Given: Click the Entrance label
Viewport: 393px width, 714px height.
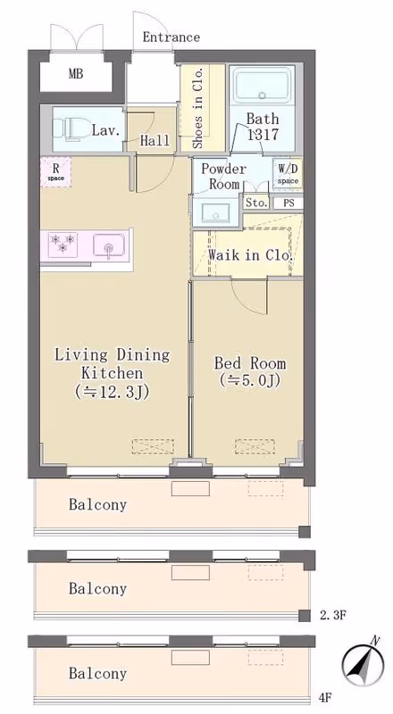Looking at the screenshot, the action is point(171,37).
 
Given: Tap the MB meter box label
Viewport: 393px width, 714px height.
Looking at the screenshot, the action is point(76,73).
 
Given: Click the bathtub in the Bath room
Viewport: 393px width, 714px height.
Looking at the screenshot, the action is point(262,86).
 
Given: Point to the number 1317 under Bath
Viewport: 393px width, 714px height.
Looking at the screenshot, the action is point(263,134).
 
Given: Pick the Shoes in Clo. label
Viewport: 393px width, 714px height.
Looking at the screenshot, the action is point(197,108).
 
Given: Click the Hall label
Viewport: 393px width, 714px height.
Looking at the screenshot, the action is point(155,141).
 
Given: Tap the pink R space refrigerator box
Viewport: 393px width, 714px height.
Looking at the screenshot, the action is point(56,172).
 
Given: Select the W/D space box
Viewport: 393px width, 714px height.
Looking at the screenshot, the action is point(288,174).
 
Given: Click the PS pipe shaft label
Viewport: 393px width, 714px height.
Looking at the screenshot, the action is point(289,203).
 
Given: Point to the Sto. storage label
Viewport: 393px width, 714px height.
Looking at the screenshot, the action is point(256,203).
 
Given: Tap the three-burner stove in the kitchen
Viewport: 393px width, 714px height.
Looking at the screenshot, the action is point(63,244).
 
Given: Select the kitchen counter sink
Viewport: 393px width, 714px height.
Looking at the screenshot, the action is point(109,246).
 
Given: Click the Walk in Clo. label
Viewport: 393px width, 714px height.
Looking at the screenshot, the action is point(250,255).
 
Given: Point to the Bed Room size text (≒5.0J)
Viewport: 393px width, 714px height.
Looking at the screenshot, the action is point(250,380).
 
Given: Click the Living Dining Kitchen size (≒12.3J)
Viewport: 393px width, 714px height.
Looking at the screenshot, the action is point(113,392).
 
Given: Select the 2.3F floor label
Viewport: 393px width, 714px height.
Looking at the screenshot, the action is point(333,616).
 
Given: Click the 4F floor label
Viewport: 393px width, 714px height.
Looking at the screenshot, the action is point(325,697).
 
